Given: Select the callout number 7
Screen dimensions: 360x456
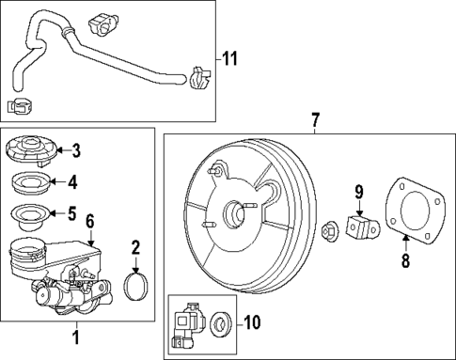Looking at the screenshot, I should (315, 119).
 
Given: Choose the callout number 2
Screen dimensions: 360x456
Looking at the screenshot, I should (135, 248).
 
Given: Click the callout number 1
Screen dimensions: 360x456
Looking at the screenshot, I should (76, 332).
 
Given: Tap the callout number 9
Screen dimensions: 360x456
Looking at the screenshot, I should (357, 196).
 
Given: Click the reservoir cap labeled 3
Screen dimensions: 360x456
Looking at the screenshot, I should (31, 150).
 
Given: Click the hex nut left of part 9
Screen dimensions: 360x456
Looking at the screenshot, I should (331, 227).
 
